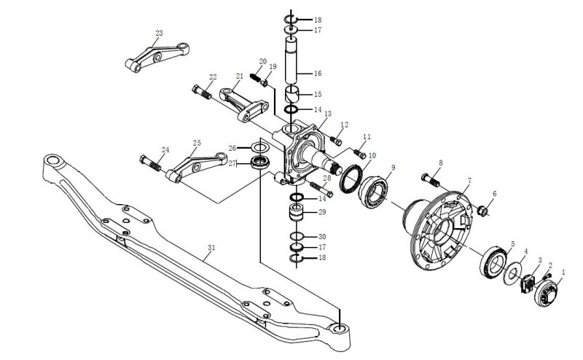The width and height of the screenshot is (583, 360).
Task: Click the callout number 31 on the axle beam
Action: coord(212,249)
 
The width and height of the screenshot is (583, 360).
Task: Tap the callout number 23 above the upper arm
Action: coord(159,33)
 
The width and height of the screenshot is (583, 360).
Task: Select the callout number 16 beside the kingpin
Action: coord(318,74)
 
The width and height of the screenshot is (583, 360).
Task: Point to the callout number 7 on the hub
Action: coord(469,180)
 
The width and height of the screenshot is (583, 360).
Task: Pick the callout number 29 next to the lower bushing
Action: coord(322,212)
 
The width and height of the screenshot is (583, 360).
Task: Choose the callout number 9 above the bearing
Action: coord(393,168)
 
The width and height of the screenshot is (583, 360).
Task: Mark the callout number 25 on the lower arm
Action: coord(197,143)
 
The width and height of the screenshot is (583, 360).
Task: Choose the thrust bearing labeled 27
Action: coord(257,163)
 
